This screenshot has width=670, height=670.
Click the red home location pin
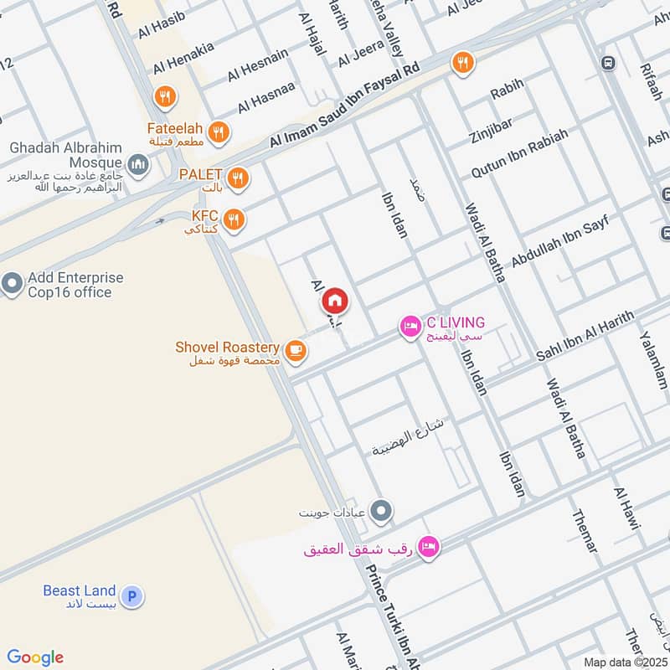[x=335, y=299]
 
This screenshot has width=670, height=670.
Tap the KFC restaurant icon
[x=235, y=219]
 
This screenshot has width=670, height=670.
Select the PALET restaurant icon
[x=239, y=178]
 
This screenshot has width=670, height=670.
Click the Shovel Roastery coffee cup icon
[x=294, y=351]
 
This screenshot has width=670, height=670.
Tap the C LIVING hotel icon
[x=410, y=326]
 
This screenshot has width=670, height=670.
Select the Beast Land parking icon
[x=131, y=596]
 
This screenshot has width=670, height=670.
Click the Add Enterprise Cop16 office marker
[x=12, y=285]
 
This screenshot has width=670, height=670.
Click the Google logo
[x=35, y=657]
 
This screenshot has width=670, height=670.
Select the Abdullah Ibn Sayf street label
[x=558, y=241]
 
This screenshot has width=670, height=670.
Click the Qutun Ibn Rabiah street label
[x=520, y=153]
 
